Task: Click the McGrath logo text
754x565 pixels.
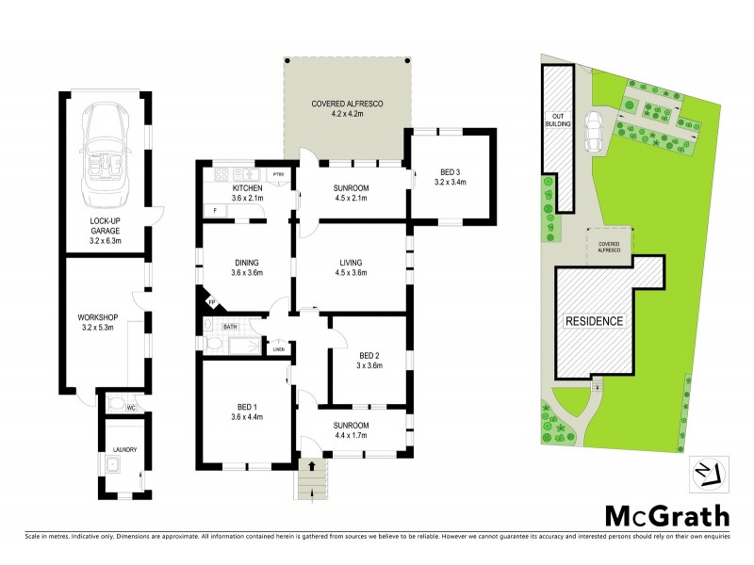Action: point(666,515)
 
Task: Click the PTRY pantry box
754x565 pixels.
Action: point(278,175)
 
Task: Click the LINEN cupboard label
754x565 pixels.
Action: point(278,349)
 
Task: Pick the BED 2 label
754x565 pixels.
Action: point(369,355)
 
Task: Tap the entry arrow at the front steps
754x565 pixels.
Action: point(310,465)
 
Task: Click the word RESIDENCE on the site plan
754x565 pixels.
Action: point(594,321)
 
